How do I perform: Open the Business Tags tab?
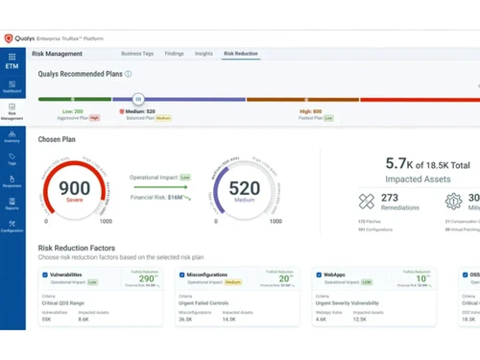137,55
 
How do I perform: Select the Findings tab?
174,55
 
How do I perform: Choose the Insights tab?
204,55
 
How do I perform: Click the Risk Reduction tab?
240,55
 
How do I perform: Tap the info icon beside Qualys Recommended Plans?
129,73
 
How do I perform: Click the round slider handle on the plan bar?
138,98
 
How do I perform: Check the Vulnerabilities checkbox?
45,275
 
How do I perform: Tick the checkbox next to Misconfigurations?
182,275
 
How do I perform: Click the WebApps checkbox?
319,275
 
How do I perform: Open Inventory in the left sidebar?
12,133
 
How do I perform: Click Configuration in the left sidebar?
12,227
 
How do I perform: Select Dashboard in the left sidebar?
12,86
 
